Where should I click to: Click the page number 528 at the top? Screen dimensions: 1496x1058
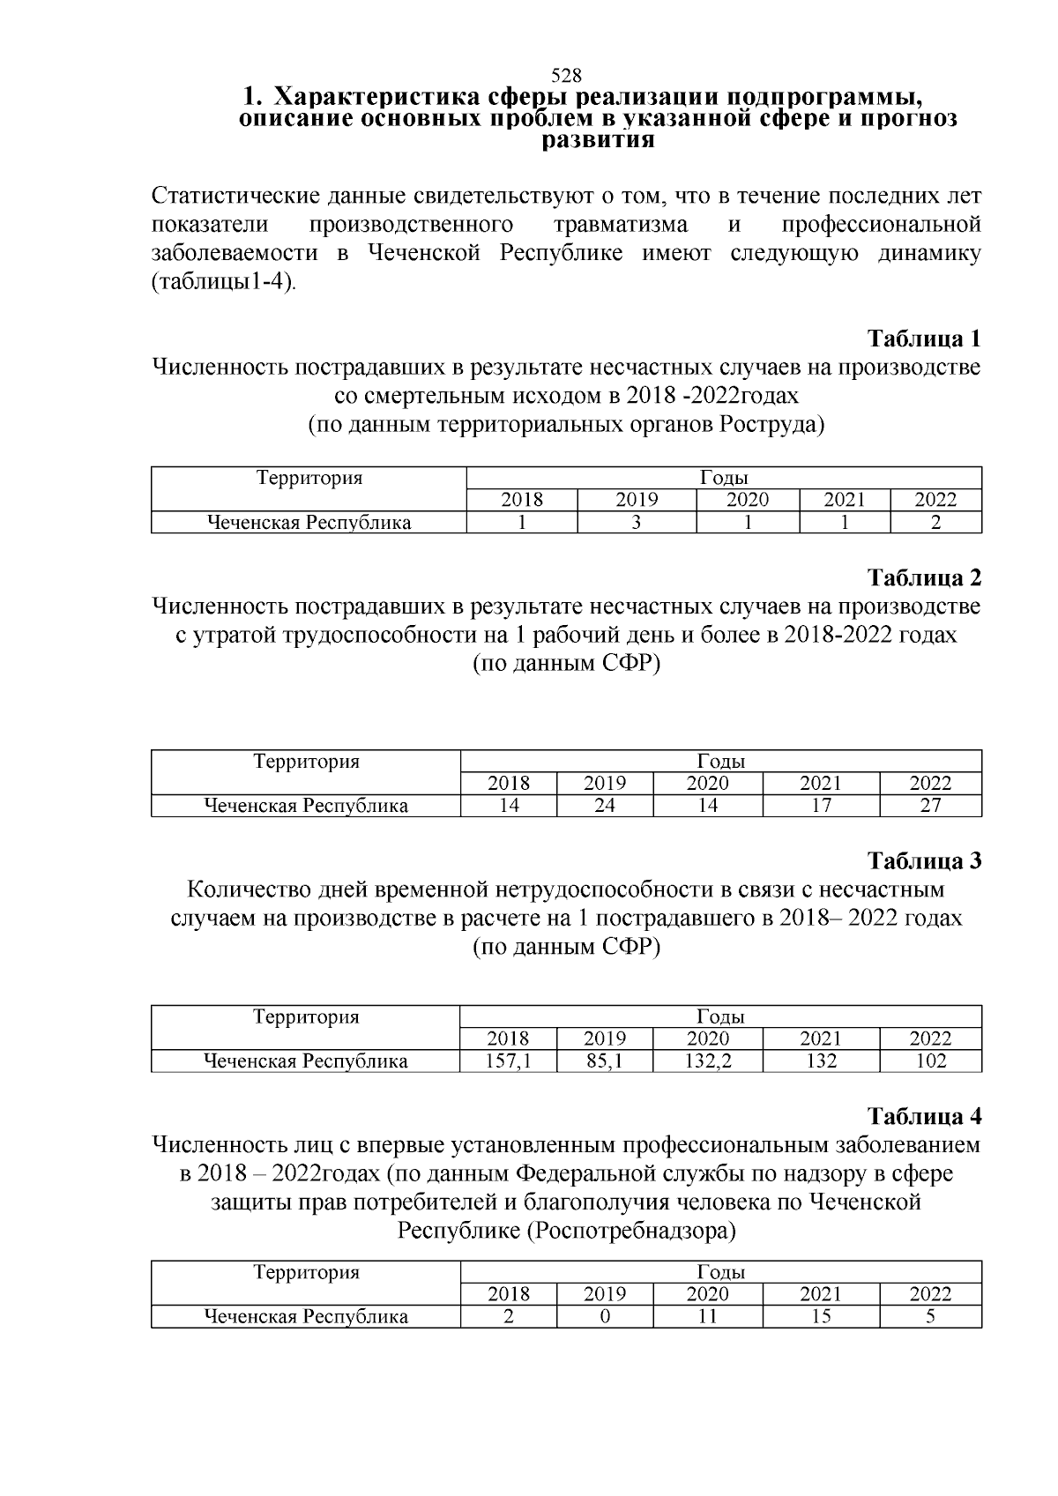[x=565, y=75]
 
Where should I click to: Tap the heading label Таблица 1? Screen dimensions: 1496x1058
[x=924, y=339]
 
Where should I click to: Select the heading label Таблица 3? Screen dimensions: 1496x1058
[x=924, y=860]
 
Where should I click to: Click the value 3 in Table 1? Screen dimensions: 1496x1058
[x=636, y=522]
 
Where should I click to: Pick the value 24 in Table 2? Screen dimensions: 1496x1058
[x=605, y=805]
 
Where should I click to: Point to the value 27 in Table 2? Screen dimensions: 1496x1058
[x=930, y=805]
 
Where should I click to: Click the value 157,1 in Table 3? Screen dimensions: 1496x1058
[x=509, y=1061]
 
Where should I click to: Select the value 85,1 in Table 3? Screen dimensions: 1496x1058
[x=605, y=1061]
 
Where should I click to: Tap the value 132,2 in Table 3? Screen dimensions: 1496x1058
[x=708, y=1061]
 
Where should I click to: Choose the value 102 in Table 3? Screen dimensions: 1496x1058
[x=930, y=1061]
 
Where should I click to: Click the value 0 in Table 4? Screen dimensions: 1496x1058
[x=605, y=1317]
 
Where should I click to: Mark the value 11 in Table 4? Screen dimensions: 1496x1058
[x=708, y=1317]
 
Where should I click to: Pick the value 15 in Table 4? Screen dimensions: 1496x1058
[x=821, y=1317]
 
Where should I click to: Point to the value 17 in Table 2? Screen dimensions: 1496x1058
[x=821, y=805]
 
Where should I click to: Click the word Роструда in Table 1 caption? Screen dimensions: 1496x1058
[x=767, y=425]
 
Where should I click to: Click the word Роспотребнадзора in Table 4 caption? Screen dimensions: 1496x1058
[x=630, y=1231]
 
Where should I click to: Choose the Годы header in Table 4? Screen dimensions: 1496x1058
[x=721, y=1272]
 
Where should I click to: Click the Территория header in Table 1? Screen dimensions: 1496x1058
[x=309, y=478]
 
